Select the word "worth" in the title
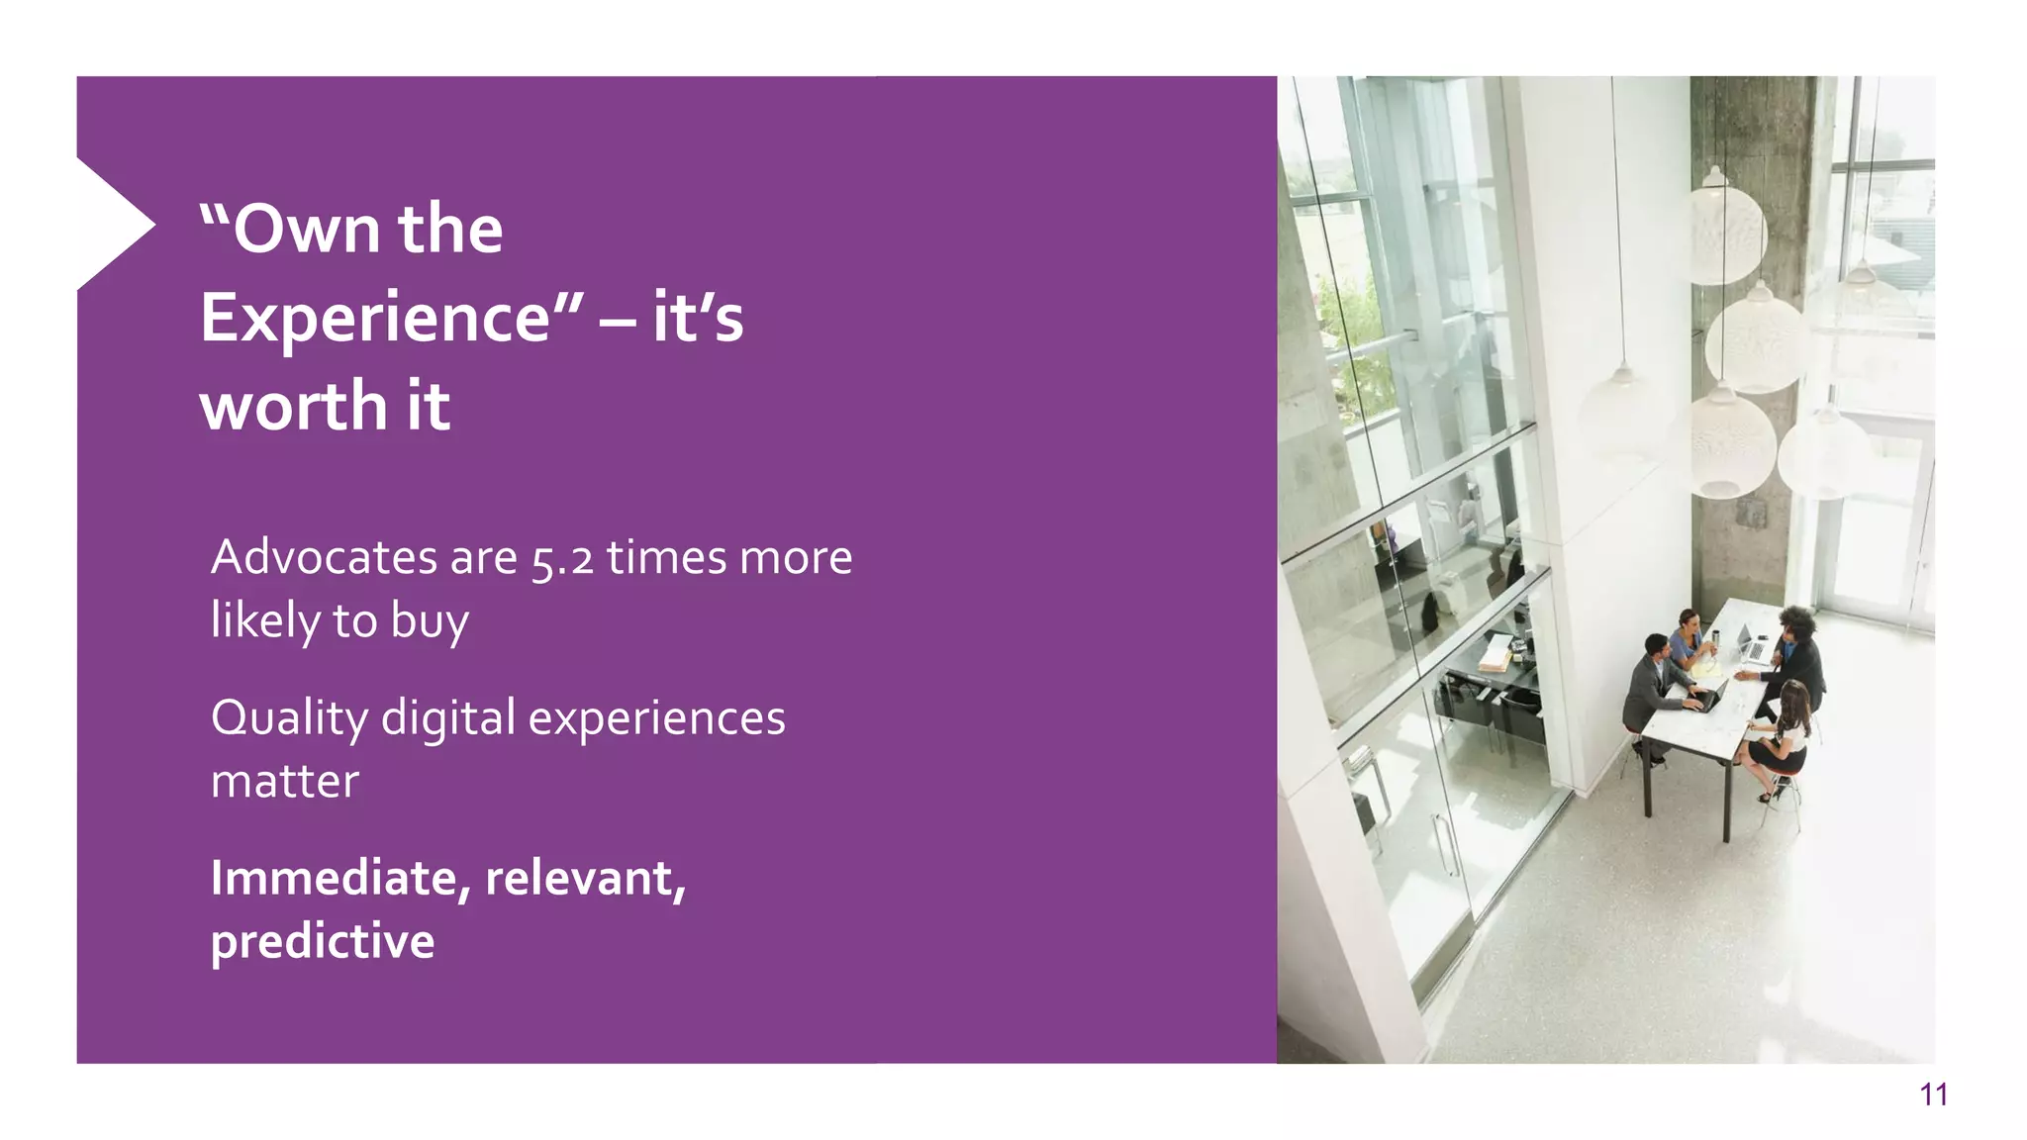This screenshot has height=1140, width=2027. pos(294,407)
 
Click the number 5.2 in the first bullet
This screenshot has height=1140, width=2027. pos(562,559)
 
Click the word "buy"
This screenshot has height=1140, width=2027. pos(430,622)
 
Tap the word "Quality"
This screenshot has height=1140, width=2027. pos(289,719)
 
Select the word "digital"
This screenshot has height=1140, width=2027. pos(448,719)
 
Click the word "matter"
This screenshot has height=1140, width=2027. pos(285,782)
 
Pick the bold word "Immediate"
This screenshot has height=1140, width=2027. pos(334,879)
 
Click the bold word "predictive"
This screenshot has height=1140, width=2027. pos(323,941)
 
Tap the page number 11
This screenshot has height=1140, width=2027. pos(1933,1094)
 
